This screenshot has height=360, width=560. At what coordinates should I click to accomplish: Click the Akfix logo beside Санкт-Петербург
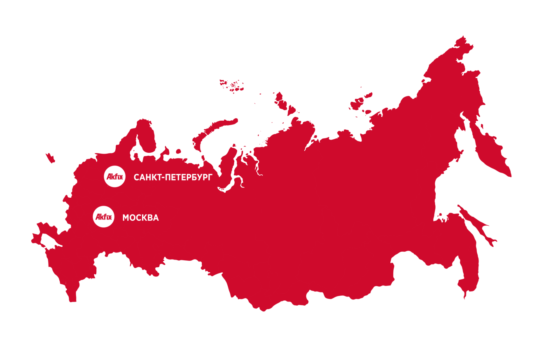pos(114,176)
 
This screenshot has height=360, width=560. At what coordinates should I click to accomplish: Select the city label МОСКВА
pos(140,217)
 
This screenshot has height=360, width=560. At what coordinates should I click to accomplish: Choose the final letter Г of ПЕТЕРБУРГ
pos(210,178)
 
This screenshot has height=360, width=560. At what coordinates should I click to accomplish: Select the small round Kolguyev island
pos(178,151)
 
